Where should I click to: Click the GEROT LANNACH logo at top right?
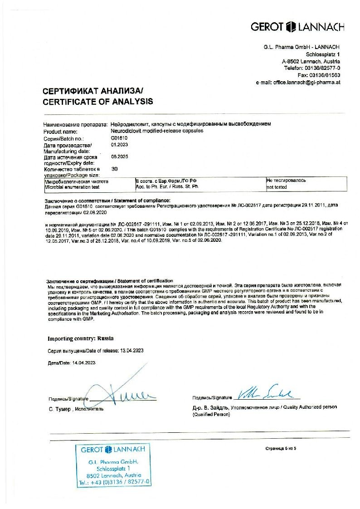(304, 27)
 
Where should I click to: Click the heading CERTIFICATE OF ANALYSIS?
(98, 102)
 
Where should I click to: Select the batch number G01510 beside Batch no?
(119, 138)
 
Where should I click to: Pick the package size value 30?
(114, 168)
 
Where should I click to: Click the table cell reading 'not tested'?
(277, 186)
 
